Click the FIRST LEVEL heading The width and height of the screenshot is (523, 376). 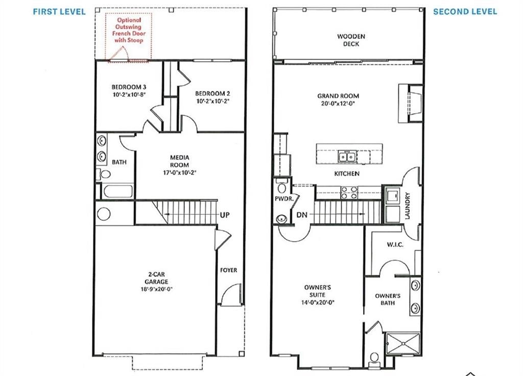pyautogui.click(x=59, y=12)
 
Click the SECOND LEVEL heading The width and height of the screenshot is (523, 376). pyautogui.click(x=465, y=12)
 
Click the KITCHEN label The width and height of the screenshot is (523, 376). pyautogui.click(x=347, y=174)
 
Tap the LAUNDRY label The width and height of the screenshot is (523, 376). pyautogui.click(x=407, y=205)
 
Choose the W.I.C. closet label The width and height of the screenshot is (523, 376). pyautogui.click(x=395, y=245)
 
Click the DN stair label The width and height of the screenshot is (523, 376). pyautogui.click(x=302, y=215)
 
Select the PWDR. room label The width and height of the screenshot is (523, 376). pyautogui.click(x=283, y=199)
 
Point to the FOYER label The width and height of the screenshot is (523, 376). pyautogui.click(x=228, y=270)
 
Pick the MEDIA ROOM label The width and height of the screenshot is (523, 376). pyautogui.click(x=179, y=161)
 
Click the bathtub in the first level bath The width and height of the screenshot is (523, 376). pyautogui.click(x=117, y=192)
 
